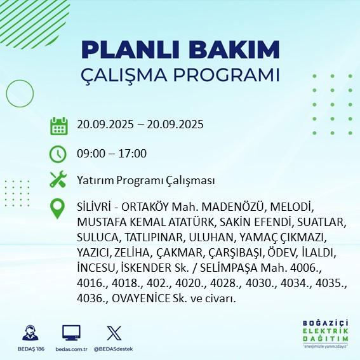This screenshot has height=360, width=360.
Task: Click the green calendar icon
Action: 58,126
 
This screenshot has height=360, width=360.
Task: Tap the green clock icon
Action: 58,154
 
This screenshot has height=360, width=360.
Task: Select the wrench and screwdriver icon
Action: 58,180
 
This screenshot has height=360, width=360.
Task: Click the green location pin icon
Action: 58,209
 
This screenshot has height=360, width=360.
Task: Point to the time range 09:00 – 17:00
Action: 112,154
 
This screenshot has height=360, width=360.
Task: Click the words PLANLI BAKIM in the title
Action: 180,50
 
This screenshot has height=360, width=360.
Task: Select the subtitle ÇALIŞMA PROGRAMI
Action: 180,74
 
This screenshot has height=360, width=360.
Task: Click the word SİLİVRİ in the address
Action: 95,208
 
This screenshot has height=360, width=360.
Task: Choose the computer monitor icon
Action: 71,333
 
